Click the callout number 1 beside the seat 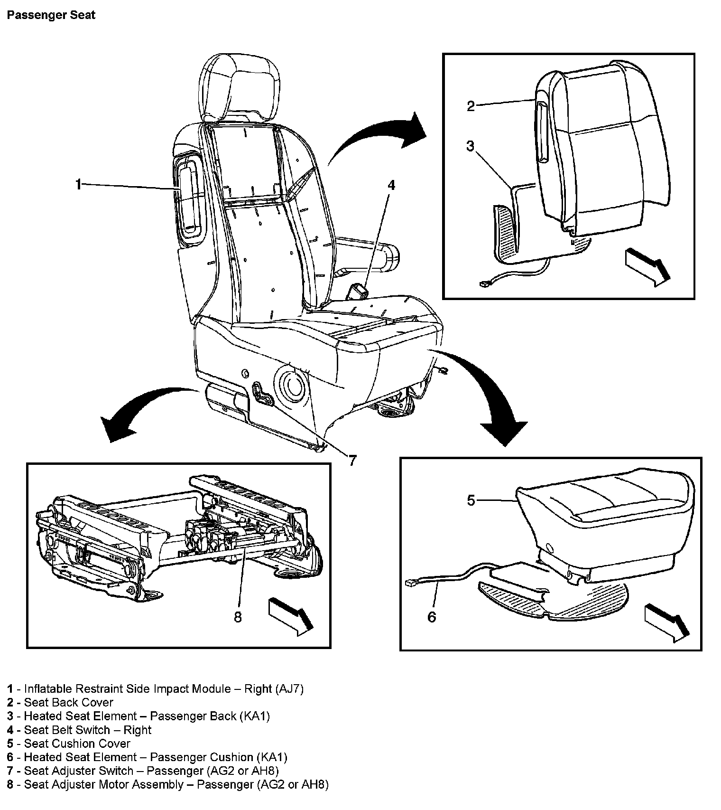pyautogui.click(x=78, y=184)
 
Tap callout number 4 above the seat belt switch pyautogui.click(x=391, y=185)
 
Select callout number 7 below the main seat pyautogui.click(x=352, y=460)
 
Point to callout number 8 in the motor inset pyautogui.click(x=238, y=617)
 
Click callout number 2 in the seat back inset pyautogui.click(x=470, y=106)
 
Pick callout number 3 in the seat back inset pyautogui.click(x=470, y=146)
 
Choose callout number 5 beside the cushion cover pyautogui.click(x=471, y=500)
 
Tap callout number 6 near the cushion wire pyautogui.click(x=432, y=617)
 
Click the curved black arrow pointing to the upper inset pyautogui.click(x=379, y=133)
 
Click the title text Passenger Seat pyautogui.click(x=51, y=15)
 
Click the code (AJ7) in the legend pyautogui.click(x=289, y=689)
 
